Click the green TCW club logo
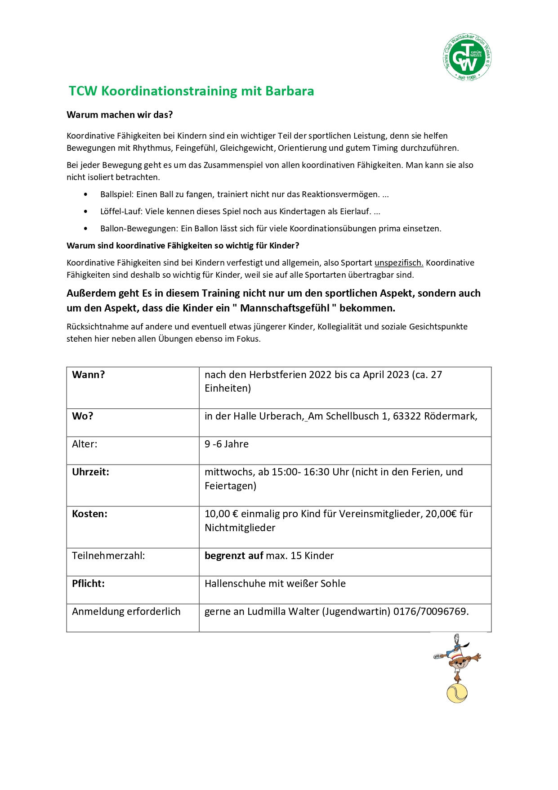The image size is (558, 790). [467, 58]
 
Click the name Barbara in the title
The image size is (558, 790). [290, 91]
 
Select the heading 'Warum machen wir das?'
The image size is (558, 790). [120, 115]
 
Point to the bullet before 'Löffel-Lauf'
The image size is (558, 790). [85, 212]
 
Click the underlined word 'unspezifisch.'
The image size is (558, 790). [399, 263]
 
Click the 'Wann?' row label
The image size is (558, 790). [88, 375]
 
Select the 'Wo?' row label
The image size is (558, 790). [82, 416]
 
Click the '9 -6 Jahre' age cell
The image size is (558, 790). [226, 444]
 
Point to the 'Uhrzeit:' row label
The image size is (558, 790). [90, 472]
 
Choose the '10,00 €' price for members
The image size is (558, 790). [221, 514]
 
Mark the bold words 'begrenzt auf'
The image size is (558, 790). [234, 556]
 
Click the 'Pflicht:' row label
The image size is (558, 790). [88, 584]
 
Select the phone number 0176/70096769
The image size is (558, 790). [430, 612]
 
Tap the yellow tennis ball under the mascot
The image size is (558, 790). [457, 693]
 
